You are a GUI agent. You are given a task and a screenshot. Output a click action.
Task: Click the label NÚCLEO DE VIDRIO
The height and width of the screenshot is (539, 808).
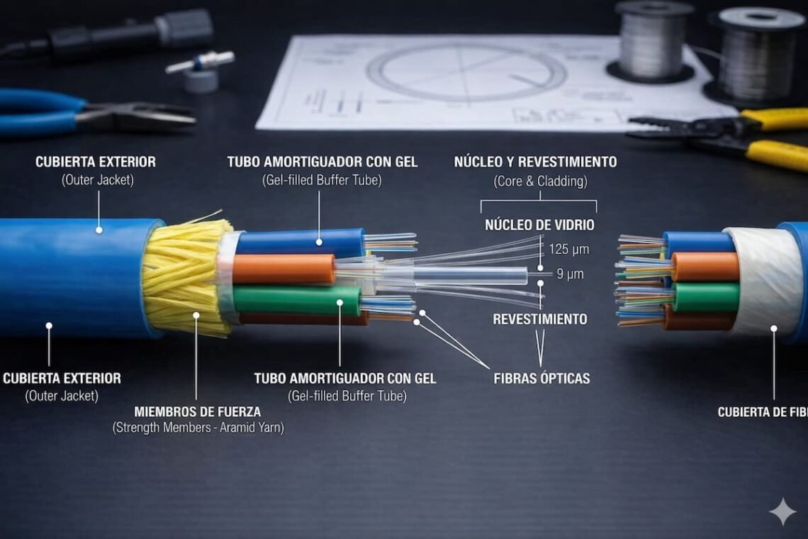pyautogui.click(x=539, y=226)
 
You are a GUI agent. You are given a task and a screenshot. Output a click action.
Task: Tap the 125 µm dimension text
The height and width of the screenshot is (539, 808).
pyautogui.click(x=568, y=250)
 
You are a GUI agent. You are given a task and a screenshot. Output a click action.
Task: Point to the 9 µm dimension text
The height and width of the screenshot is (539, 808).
pyautogui.click(x=570, y=274)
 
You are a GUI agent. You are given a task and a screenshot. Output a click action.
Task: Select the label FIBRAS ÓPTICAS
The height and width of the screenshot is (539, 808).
pyautogui.click(x=542, y=379)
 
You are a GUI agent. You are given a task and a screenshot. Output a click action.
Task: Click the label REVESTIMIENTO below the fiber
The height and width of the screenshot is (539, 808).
pyautogui.click(x=540, y=319)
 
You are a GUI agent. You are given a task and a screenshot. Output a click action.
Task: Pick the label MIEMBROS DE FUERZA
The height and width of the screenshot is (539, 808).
pyautogui.click(x=197, y=411)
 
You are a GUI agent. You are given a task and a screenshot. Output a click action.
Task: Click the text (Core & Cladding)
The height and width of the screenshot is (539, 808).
pyautogui.click(x=540, y=182)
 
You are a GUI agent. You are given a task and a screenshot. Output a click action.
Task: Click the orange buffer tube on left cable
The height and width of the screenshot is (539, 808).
pyautogui.click(x=284, y=269)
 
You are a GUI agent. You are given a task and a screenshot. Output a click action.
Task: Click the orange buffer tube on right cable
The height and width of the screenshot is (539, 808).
pyautogui.click(x=705, y=267)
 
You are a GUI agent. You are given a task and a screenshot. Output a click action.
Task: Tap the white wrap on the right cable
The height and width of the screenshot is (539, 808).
pyautogui.click(x=764, y=281)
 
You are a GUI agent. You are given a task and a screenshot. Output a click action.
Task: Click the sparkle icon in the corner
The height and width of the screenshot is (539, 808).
pyautogui.click(x=782, y=511)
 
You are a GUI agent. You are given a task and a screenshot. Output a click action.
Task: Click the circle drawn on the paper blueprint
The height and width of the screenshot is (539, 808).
pyautogui.click(x=466, y=73)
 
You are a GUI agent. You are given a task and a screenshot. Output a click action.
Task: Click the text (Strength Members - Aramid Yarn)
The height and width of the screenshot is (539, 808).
pyautogui.click(x=198, y=428)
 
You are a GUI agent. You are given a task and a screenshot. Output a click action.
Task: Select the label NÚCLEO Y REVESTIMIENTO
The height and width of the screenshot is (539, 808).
pyautogui.click(x=535, y=162)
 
